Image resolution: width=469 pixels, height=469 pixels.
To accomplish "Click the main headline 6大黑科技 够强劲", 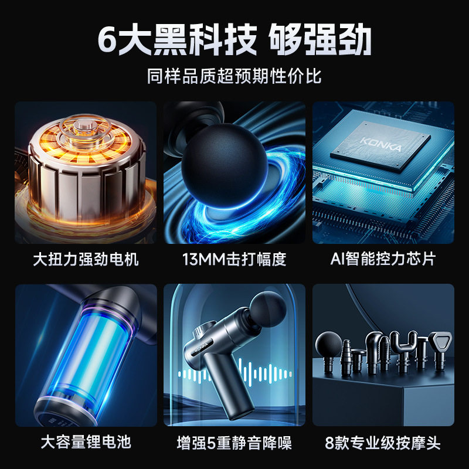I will [x=235, y=40].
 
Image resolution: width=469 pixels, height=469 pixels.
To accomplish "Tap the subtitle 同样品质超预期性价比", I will [x=235, y=76].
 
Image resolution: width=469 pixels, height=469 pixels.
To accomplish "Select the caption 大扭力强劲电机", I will [x=86, y=259].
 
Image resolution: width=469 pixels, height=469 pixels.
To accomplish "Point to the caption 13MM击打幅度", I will [x=235, y=259].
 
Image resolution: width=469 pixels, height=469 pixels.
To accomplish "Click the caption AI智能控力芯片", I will [x=383, y=259].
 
